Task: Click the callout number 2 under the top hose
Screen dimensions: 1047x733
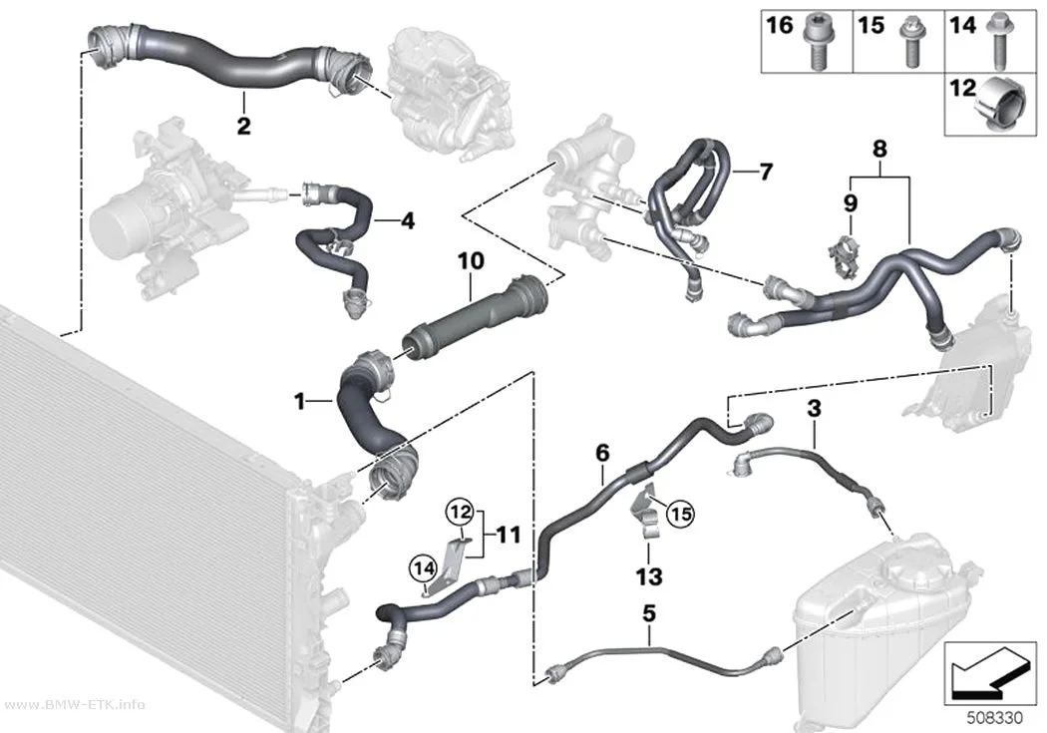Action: [x=243, y=125]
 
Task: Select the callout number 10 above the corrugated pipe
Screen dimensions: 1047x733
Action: [x=471, y=261]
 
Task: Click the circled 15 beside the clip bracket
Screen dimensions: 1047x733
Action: [x=680, y=514]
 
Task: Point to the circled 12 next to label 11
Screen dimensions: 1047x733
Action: [x=460, y=513]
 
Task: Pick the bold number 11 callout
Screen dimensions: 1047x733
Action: [x=509, y=535]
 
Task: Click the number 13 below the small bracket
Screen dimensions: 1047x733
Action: [x=649, y=576]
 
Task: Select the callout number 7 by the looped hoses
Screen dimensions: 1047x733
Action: [x=766, y=172]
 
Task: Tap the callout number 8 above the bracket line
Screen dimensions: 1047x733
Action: [x=879, y=149]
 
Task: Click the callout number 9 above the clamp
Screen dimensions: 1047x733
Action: [x=850, y=202]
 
